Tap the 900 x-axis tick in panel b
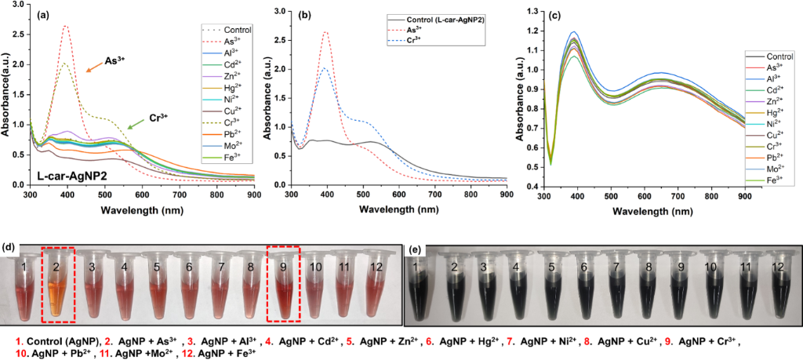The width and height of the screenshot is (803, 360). [507, 193]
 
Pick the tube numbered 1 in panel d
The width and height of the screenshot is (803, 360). [29, 285]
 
